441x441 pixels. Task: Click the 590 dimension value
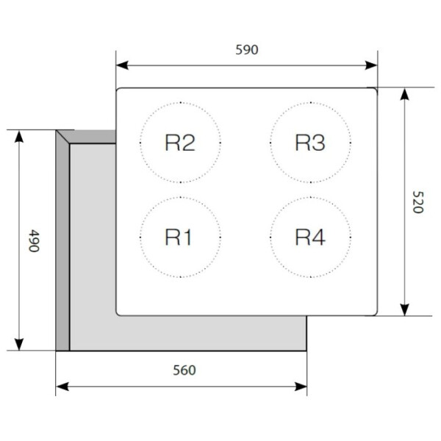coord(247,50)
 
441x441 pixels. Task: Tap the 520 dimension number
coord(418,202)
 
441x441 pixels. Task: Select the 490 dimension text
coord(34,241)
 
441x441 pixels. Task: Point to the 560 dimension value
coord(184,370)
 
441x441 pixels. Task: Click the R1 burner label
coord(179,237)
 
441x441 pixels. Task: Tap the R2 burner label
coord(180,143)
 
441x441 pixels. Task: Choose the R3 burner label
coord(310,143)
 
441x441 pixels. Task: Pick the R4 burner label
coord(310,237)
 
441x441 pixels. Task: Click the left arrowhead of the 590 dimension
coord(122,65)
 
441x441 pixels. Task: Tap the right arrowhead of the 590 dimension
coord(371,65)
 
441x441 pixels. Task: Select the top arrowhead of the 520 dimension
coord(404,94)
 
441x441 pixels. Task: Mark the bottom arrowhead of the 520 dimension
coord(404,309)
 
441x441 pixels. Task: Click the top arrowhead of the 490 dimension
coord(19,137)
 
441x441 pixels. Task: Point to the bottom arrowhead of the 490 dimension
coord(19,345)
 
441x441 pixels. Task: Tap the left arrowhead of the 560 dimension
coord(62,386)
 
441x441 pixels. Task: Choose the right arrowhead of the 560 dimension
coord(301,386)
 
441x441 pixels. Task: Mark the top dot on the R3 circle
coord(310,103)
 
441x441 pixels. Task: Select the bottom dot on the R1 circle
coord(180,277)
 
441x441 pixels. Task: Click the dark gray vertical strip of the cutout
coord(62,245)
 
